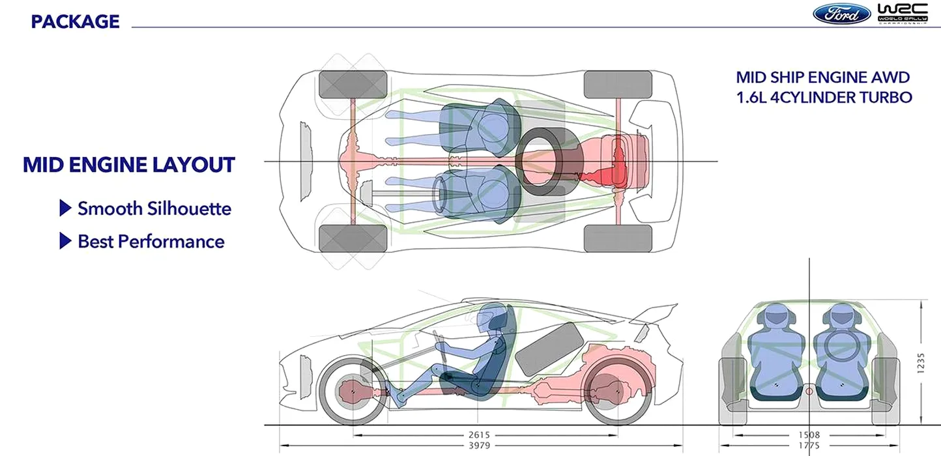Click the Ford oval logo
(842, 14)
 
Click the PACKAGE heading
(75, 21)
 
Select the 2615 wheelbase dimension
(479, 435)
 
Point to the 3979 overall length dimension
(479, 446)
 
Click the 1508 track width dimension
(809, 435)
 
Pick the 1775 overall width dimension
(809, 446)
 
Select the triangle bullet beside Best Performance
(65, 241)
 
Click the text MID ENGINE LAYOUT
(128, 164)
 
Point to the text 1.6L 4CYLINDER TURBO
(824, 97)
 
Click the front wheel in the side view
(353, 391)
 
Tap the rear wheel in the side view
(616, 391)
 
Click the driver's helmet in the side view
(487, 318)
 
